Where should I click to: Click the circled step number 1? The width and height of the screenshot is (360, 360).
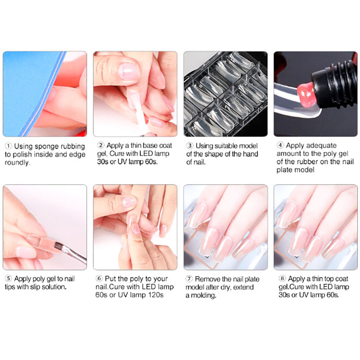(8, 146)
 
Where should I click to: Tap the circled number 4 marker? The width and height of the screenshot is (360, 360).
(280, 145)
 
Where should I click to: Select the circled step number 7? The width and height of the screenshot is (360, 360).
(189, 279)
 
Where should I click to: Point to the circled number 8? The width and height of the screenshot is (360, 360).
(282, 279)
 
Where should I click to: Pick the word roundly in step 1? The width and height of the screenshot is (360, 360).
(18, 162)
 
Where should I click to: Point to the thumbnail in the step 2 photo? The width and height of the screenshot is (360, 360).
(129, 71)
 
